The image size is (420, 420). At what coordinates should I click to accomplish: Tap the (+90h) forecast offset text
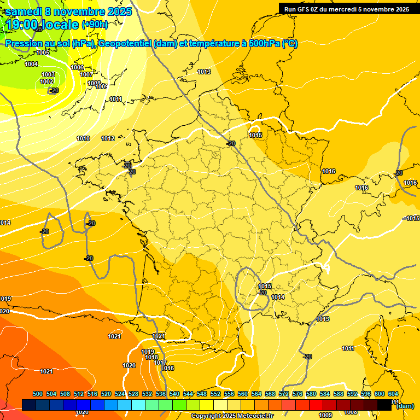(95, 25)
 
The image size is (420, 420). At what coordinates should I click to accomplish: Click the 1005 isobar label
(43, 52)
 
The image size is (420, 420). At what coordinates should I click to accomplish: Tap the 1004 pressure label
(31, 64)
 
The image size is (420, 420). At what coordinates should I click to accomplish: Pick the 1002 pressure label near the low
(46, 81)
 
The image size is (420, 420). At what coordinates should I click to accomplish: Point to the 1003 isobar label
(48, 74)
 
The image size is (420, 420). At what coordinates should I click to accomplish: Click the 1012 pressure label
(108, 138)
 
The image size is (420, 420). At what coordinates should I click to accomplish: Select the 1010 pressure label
(83, 138)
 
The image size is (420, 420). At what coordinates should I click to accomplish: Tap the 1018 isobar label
(151, 357)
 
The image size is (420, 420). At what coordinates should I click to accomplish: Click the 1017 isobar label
(160, 363)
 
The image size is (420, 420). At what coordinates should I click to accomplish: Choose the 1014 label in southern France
(278, 297)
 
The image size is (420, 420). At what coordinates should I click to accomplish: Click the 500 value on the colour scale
(38, 394)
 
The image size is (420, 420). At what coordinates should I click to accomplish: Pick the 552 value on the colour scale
(215, 394)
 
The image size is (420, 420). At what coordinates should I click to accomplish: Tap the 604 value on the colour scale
(393, 394)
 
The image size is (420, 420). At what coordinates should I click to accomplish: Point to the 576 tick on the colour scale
(297, 394)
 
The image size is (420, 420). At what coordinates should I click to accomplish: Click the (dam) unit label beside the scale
(405, 406)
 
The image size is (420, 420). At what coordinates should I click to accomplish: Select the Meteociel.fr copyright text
(232, 416)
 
